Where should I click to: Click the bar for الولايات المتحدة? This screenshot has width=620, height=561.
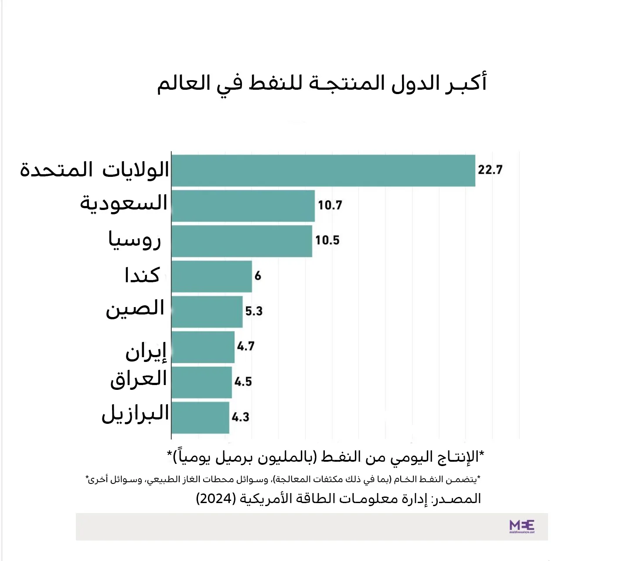(323, 170)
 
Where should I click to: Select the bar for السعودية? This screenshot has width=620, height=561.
(243, 206)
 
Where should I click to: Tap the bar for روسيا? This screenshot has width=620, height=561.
(242, 241)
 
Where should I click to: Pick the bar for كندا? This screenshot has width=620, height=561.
(211, 276)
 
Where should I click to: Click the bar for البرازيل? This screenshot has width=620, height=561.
(200, 417)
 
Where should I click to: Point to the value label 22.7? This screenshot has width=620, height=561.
(490, 170)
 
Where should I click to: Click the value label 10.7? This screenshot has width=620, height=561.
(330, 205)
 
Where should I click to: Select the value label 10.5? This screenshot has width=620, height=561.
(327, 240)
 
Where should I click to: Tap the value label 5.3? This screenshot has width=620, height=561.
(254, 311)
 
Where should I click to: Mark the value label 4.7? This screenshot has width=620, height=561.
(246, 346)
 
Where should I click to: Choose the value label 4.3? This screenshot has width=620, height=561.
(240, 417)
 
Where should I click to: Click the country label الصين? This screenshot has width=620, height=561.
(135, 309)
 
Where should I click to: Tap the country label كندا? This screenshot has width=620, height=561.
(142, 275)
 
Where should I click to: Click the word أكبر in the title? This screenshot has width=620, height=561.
(466, 83)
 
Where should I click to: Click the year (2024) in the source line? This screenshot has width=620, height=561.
(216, 498)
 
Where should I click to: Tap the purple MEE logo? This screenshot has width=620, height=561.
(521, 526)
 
